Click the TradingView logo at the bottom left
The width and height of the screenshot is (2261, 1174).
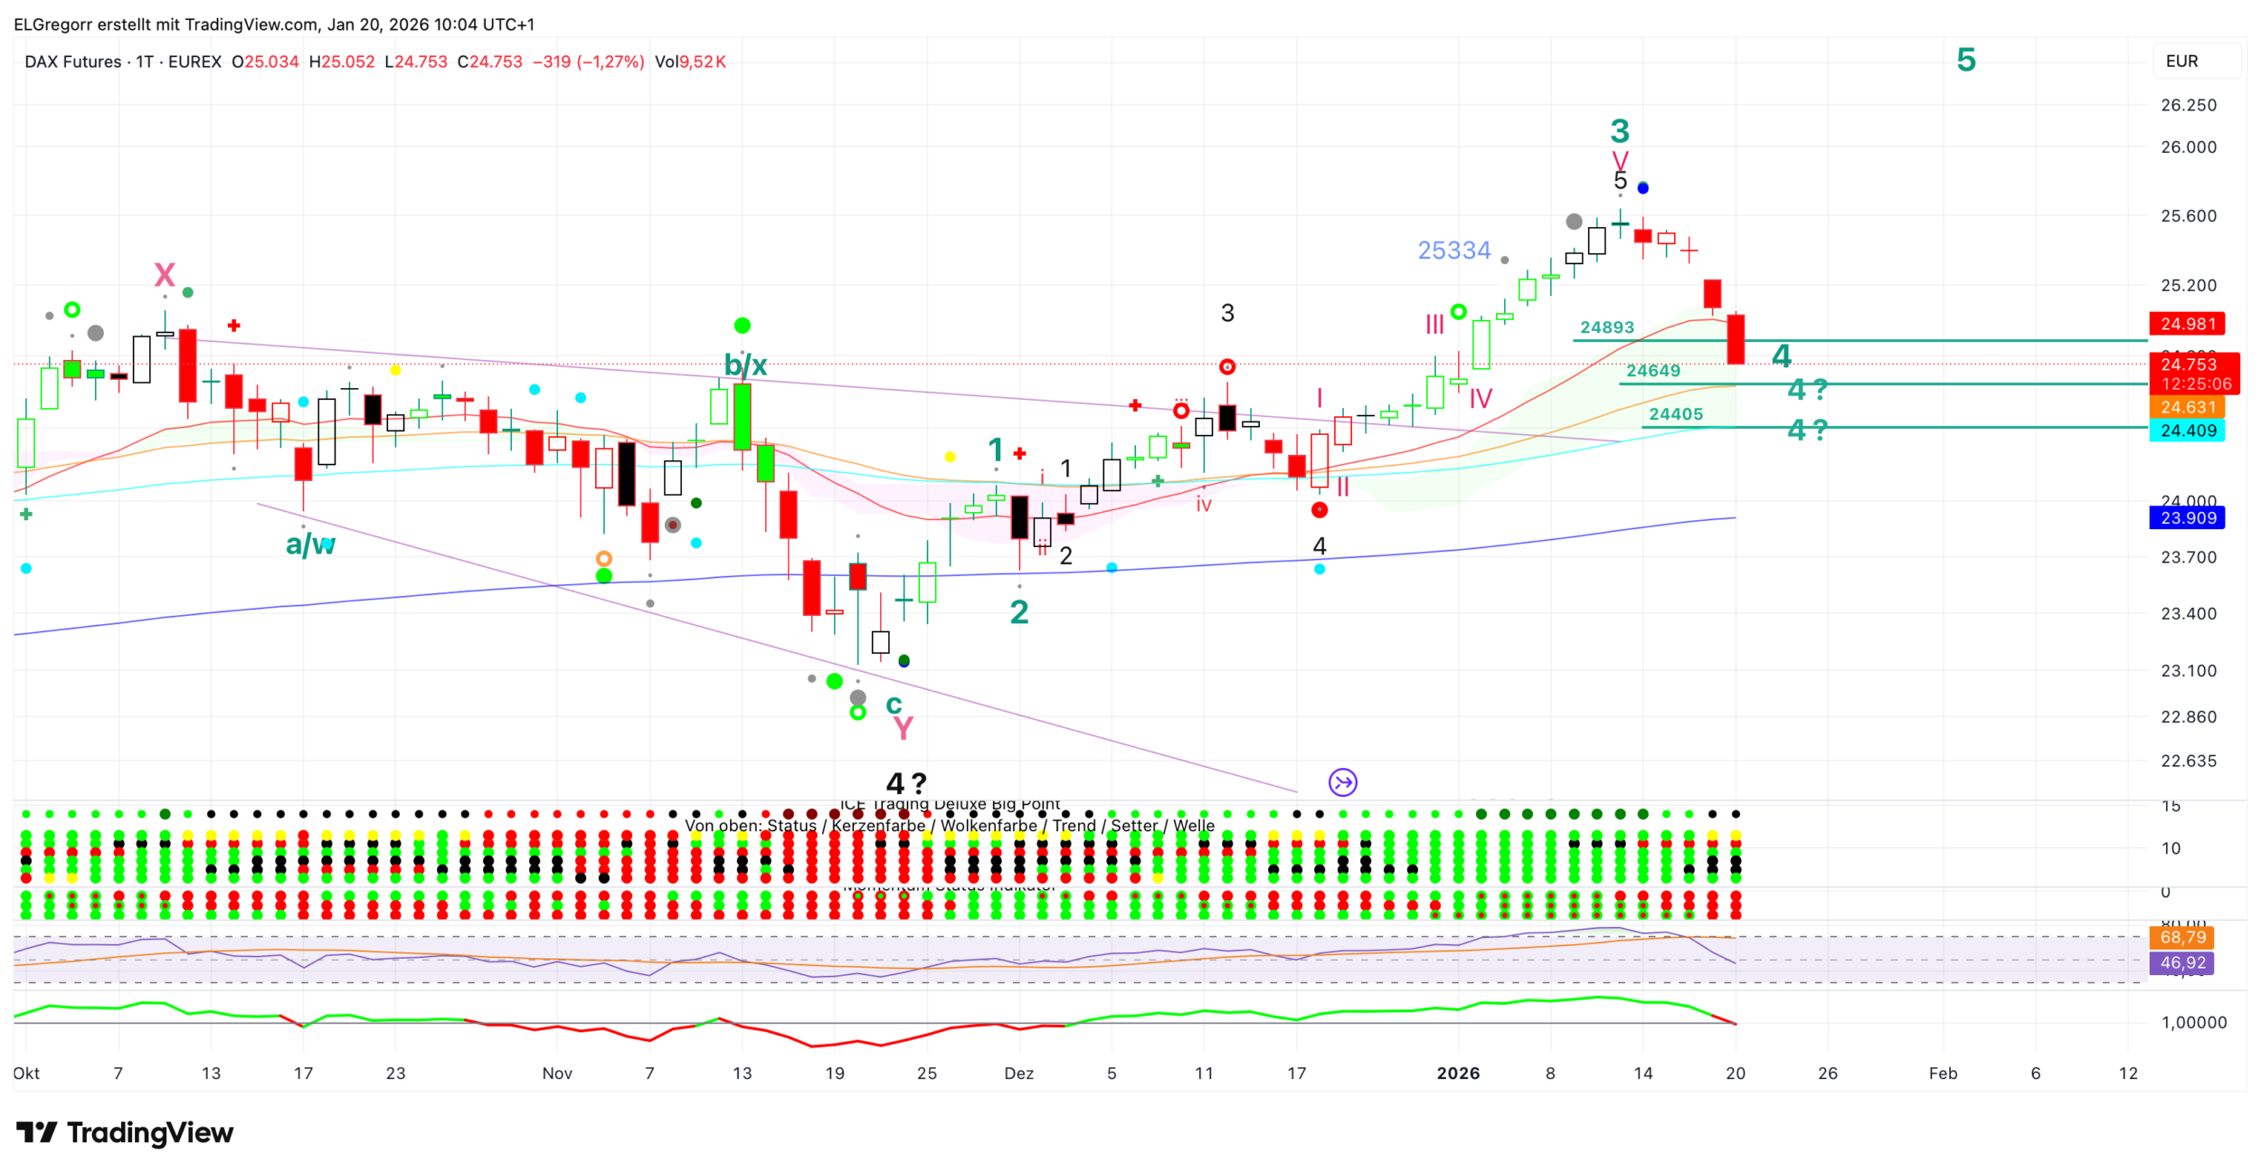(125, 1132)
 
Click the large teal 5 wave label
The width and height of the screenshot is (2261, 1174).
(1965, 60)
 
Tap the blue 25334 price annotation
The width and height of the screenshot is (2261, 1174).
(1453, 251)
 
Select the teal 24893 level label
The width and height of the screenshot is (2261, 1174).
(1606, 327)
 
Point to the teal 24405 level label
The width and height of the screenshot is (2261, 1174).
(1675, 414)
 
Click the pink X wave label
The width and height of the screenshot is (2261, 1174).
(164, 274)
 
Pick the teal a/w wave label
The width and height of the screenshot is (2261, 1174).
(310, 544)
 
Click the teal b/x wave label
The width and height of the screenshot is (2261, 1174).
(745, 365)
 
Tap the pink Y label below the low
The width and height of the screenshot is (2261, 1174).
(903, 728)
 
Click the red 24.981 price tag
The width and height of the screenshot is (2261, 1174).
(2187, 324)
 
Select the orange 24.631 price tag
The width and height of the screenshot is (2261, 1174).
(2187, 408)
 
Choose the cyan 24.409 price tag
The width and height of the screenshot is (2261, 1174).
(2187, 431)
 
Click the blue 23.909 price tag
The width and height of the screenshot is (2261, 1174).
(2187, 518)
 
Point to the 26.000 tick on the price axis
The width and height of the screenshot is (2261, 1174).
(2188, 147)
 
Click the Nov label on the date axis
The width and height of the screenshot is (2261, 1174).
(557, 1074)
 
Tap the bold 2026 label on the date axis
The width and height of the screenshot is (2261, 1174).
(1458, 1074)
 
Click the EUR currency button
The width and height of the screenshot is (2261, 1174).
(2181, 62)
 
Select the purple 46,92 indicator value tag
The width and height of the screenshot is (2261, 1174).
(2181, 963)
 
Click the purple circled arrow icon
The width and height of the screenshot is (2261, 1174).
(1343, 782)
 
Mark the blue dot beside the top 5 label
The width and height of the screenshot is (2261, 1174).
(1642, 188)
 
